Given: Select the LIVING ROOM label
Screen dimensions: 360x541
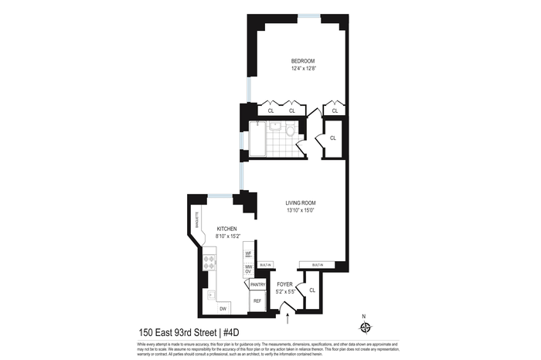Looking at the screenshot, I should pos(302,202).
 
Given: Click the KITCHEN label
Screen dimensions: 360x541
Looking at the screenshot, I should pos(226,229).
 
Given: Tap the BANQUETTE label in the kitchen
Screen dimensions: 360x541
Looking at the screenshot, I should pos(196,222).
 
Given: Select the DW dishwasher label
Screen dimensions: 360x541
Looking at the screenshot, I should pos(223,309).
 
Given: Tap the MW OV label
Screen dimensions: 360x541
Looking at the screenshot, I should pos(248,269).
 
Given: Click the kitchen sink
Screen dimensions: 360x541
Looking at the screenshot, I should pos(209,294).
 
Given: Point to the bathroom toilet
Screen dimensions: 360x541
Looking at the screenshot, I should pos(288,132).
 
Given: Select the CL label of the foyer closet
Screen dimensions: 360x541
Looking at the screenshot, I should pos(312,290).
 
